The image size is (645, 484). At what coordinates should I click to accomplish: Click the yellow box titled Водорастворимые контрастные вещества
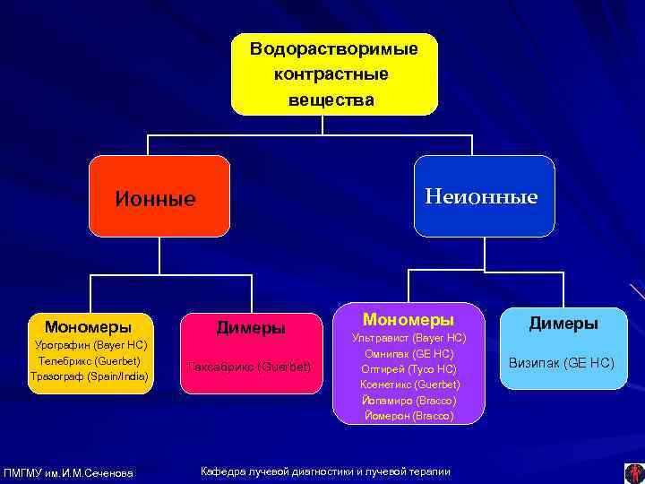click(x=334, y=74)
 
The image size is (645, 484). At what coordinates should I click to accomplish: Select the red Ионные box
click(x=159, y=197)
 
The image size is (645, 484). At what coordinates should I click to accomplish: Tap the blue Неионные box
click(x=485, y=195)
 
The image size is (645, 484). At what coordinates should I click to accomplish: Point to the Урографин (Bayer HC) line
click(x=90, y=345)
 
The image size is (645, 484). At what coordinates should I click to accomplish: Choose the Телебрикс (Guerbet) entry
click(x=89, y=360)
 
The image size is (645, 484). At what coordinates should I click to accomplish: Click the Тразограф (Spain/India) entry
click(x=89, y=376)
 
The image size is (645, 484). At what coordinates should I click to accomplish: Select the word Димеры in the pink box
click(x=251, y=328)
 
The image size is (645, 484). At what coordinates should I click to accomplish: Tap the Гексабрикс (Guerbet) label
click(x=251, y=367)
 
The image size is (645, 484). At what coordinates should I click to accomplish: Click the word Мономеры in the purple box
click(x=408, y=319)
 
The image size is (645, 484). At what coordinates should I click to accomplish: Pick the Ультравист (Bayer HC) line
click(x=408, y=338)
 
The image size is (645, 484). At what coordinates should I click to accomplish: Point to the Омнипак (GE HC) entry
click(x=408, y=353)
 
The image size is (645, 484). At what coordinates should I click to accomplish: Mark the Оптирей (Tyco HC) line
click(x=408, y=369)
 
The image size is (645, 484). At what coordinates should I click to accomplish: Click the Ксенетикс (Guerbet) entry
click(x=408, y=385)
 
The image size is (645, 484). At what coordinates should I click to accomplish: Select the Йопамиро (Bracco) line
click(x=408, y=401)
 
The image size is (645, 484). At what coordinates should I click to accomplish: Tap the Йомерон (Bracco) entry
click(x=408, y=416)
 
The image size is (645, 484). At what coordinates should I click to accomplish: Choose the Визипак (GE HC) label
click(x=563, y=363)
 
